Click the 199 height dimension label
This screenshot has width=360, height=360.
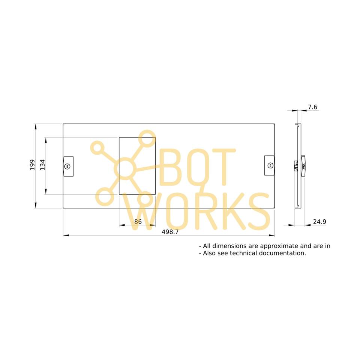coord(32,165)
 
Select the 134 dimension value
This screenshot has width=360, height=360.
coord(42,165)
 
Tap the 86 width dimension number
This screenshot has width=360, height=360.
coord(138,222)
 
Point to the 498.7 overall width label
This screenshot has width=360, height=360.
coord(170,232)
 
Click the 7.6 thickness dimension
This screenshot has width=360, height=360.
coord(312,107)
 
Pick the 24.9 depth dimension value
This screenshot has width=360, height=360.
coord(319,222)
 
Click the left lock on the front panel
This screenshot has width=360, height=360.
coord(68,166)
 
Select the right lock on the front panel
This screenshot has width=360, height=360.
coord(269,165)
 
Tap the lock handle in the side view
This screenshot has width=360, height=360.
coord(303,166)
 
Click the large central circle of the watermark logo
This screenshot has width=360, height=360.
coord(125,169)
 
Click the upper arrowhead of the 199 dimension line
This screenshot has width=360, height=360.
coord(36,126)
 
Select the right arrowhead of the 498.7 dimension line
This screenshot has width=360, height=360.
coord(272,235)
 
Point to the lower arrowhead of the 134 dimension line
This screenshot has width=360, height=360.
coord(46,192)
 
